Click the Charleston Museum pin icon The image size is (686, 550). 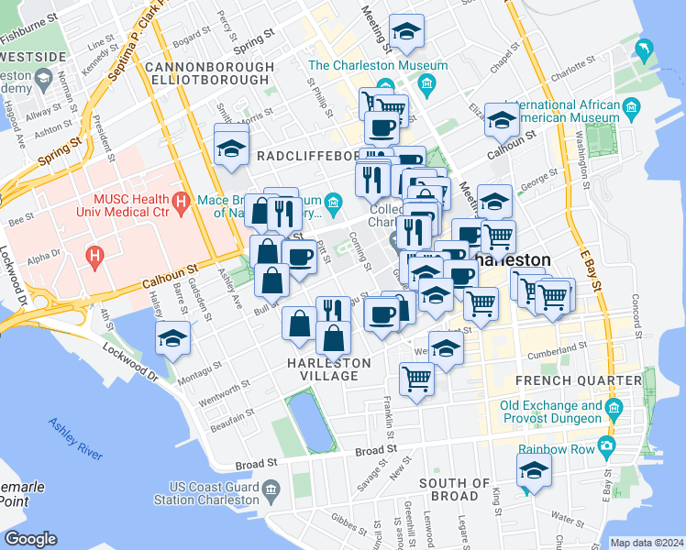[x=426, y=86]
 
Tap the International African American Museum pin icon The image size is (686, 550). [x=632, y=111]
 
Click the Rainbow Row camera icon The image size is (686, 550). [x=606, y=446]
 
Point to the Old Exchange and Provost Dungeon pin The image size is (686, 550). [x=614, y=405]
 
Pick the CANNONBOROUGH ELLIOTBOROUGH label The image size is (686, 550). [x=209, y=73]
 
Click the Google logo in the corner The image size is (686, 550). [x=30, y=539]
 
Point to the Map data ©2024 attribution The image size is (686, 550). [x=646, y=543]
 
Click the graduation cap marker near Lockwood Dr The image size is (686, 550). [x=172, y=338]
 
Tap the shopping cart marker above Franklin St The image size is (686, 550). [x=417, y=378]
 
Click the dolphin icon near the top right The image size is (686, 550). [x=647, y=50]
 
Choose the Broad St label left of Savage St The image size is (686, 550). [x=258, y=465]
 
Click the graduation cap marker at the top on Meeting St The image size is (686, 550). [x=406, y=32]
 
